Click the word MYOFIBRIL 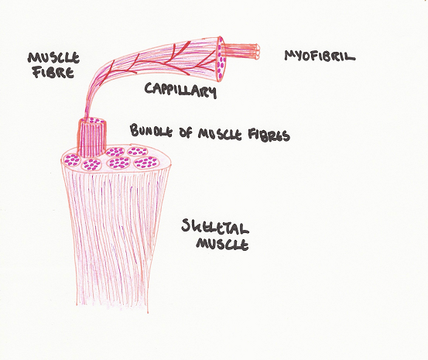pos(320,56)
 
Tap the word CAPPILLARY pos(180,90)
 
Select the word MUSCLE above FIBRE pos(53,58)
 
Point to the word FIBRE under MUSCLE pos(53,72)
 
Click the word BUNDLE pos(151,130)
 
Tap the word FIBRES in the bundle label pos(269,135)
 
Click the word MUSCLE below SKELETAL pos(222,244)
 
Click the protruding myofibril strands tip pos(257,52)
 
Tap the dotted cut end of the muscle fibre pos(221,59)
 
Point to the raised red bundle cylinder pos(91,138)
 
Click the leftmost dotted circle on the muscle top pos(71,160)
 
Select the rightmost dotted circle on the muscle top pos(146,163)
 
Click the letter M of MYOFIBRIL pos(289,55)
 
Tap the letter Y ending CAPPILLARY pos(212,93)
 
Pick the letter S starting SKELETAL pos(187,225)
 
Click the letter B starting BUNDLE pos(134,130)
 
